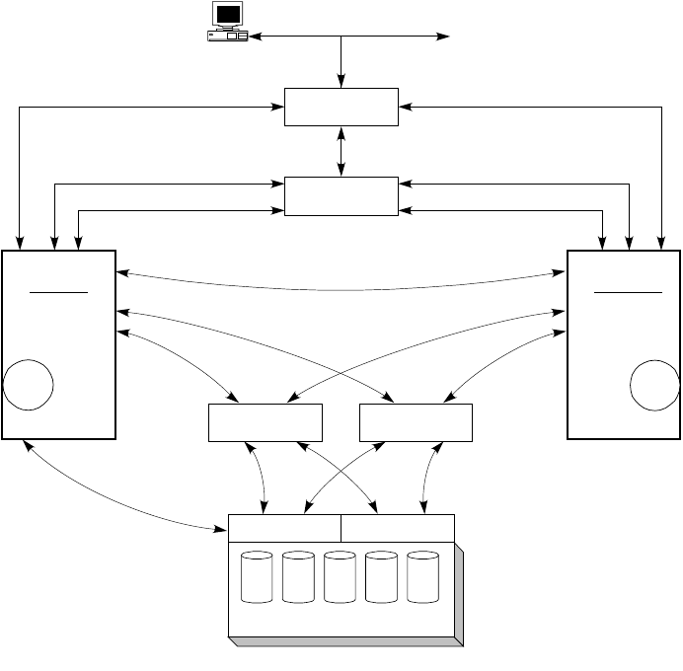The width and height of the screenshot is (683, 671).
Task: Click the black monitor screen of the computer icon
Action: (x=229, y=14)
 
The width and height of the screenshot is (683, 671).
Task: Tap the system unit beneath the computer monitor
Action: (x=227, y=37)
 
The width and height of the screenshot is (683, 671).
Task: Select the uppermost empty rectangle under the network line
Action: (x=341, y=107)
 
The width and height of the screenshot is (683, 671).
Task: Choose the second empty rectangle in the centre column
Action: (x=341, y=195)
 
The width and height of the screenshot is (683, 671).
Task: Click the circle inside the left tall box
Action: (x=28, y=385)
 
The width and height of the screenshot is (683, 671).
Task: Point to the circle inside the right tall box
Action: (x=655, y=385)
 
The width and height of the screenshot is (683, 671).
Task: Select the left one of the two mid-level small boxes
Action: (x=266, y=422)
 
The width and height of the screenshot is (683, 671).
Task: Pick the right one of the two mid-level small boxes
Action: (x=416, y=422)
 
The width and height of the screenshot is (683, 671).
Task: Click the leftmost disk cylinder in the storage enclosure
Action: (x=257, y=578)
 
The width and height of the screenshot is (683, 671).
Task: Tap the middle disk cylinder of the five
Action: (x=339, y=578)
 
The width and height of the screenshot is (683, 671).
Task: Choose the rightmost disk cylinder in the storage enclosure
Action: (x=421, y=578)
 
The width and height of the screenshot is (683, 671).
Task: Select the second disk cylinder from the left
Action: (x=297, y=578)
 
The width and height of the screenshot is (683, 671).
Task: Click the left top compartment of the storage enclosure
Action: (x=284, y=528)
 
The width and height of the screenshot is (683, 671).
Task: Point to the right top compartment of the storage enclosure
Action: (x=398, y=528)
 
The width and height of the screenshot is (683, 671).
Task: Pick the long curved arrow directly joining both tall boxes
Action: (x=341, y=287)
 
